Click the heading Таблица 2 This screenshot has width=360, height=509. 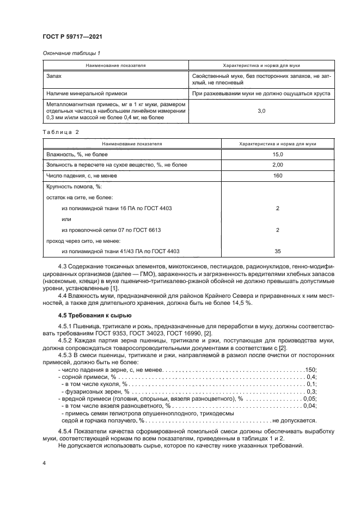coord(60,132)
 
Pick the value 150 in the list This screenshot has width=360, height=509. coord(310,370)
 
